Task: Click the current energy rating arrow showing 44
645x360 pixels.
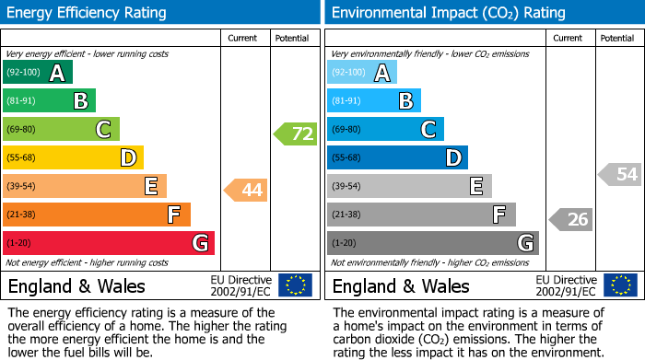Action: pos(246,191)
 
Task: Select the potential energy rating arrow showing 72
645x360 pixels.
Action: pos(296,134)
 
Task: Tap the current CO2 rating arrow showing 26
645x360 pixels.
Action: pos(571,219)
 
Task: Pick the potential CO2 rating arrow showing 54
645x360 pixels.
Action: pos(620,174)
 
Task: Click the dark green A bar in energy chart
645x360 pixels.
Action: pos(37,73)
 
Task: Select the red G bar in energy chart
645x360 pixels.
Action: pos(108,243)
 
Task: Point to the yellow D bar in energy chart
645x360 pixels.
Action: pos(72,158)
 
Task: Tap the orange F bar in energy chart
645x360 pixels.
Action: pos(96,215)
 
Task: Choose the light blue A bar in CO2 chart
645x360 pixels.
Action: pos(361,73)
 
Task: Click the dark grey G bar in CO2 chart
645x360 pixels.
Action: pos(432,243)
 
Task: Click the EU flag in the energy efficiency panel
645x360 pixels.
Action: pos(295,285)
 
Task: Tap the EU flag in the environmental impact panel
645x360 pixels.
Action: pos(621,285)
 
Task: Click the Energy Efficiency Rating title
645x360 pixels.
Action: pos(88,13)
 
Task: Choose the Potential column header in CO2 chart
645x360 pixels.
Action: pos(617,38)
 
